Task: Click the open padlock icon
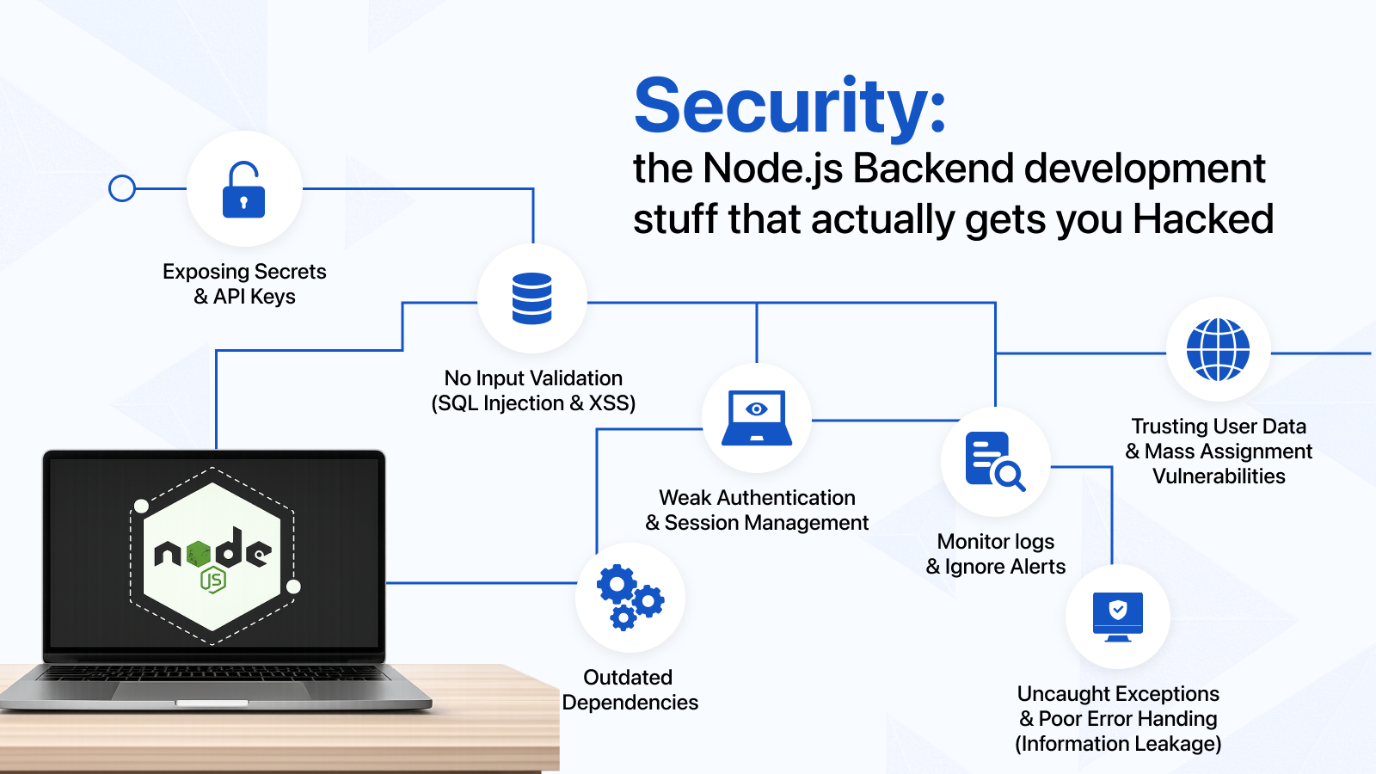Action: pos(243,190)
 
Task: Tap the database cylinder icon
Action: pos(532,298)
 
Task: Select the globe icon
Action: pos(1218,349)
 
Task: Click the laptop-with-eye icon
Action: pos(757,418)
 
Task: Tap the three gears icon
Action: pos(630,597)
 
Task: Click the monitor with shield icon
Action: pos(1118,617)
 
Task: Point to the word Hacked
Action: pos(1203,219)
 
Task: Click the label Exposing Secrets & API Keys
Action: pos(244,284)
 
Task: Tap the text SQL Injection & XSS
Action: pos(533,403)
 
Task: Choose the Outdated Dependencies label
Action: pos(630,690)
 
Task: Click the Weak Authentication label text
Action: pos(757,498)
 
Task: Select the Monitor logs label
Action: pos(995,542)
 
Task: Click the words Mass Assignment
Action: pos(1228,451)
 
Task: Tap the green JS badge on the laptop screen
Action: pos(213,580)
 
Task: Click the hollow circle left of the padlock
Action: pos(121,188)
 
